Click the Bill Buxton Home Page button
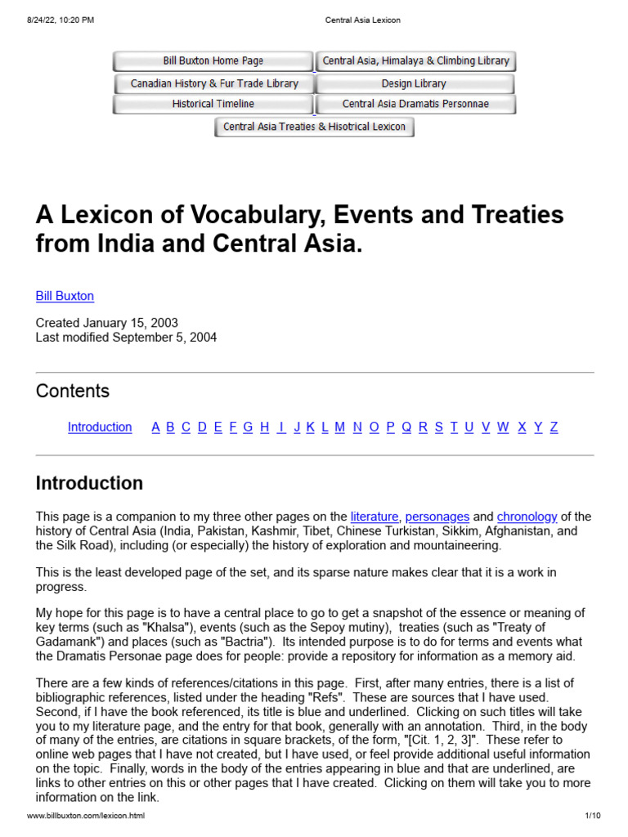pos(213,61)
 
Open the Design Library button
pos(414,83)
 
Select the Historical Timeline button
pos(213,105)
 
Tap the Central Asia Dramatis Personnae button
pos(415,105)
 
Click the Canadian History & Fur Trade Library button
pos(214,83)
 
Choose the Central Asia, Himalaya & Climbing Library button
pos(415,61)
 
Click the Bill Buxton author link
pos(65,296)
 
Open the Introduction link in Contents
pos(100,427)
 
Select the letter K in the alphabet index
pos(311,427)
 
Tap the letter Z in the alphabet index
pos(554,427)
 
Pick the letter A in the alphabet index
pos(155,427)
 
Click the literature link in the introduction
pos(375,517)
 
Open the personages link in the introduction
pos(437,517)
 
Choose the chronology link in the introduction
pos(527,517)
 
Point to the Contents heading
pos(73,391)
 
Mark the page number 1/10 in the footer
pos(593,817)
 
